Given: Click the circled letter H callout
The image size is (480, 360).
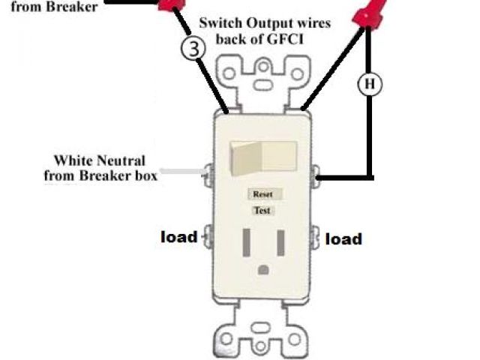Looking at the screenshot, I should pyautogui.click(x=369, y=84).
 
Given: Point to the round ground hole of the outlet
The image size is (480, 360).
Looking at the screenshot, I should pyautogui.click(x=263, y=269).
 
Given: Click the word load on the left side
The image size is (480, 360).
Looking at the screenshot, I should pyautogui.click(x=179, y=237).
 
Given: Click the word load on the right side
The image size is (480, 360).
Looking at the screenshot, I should pyautogui.click(x=343, y=238).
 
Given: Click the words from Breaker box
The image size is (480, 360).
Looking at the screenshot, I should pyautogui.click(x=100, y=176).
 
